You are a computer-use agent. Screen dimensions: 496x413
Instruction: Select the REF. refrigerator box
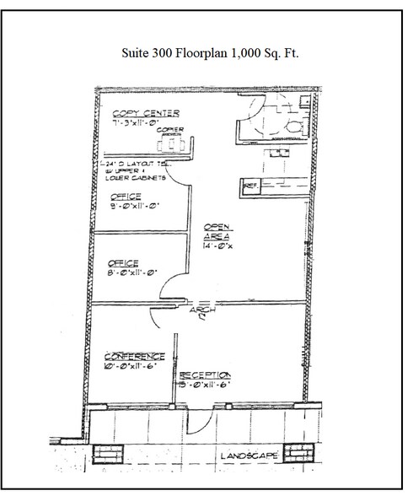click(250, 182)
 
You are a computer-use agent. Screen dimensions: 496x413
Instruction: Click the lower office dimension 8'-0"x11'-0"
click(126, 272)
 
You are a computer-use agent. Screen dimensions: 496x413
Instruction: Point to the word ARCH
click(202, 310)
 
